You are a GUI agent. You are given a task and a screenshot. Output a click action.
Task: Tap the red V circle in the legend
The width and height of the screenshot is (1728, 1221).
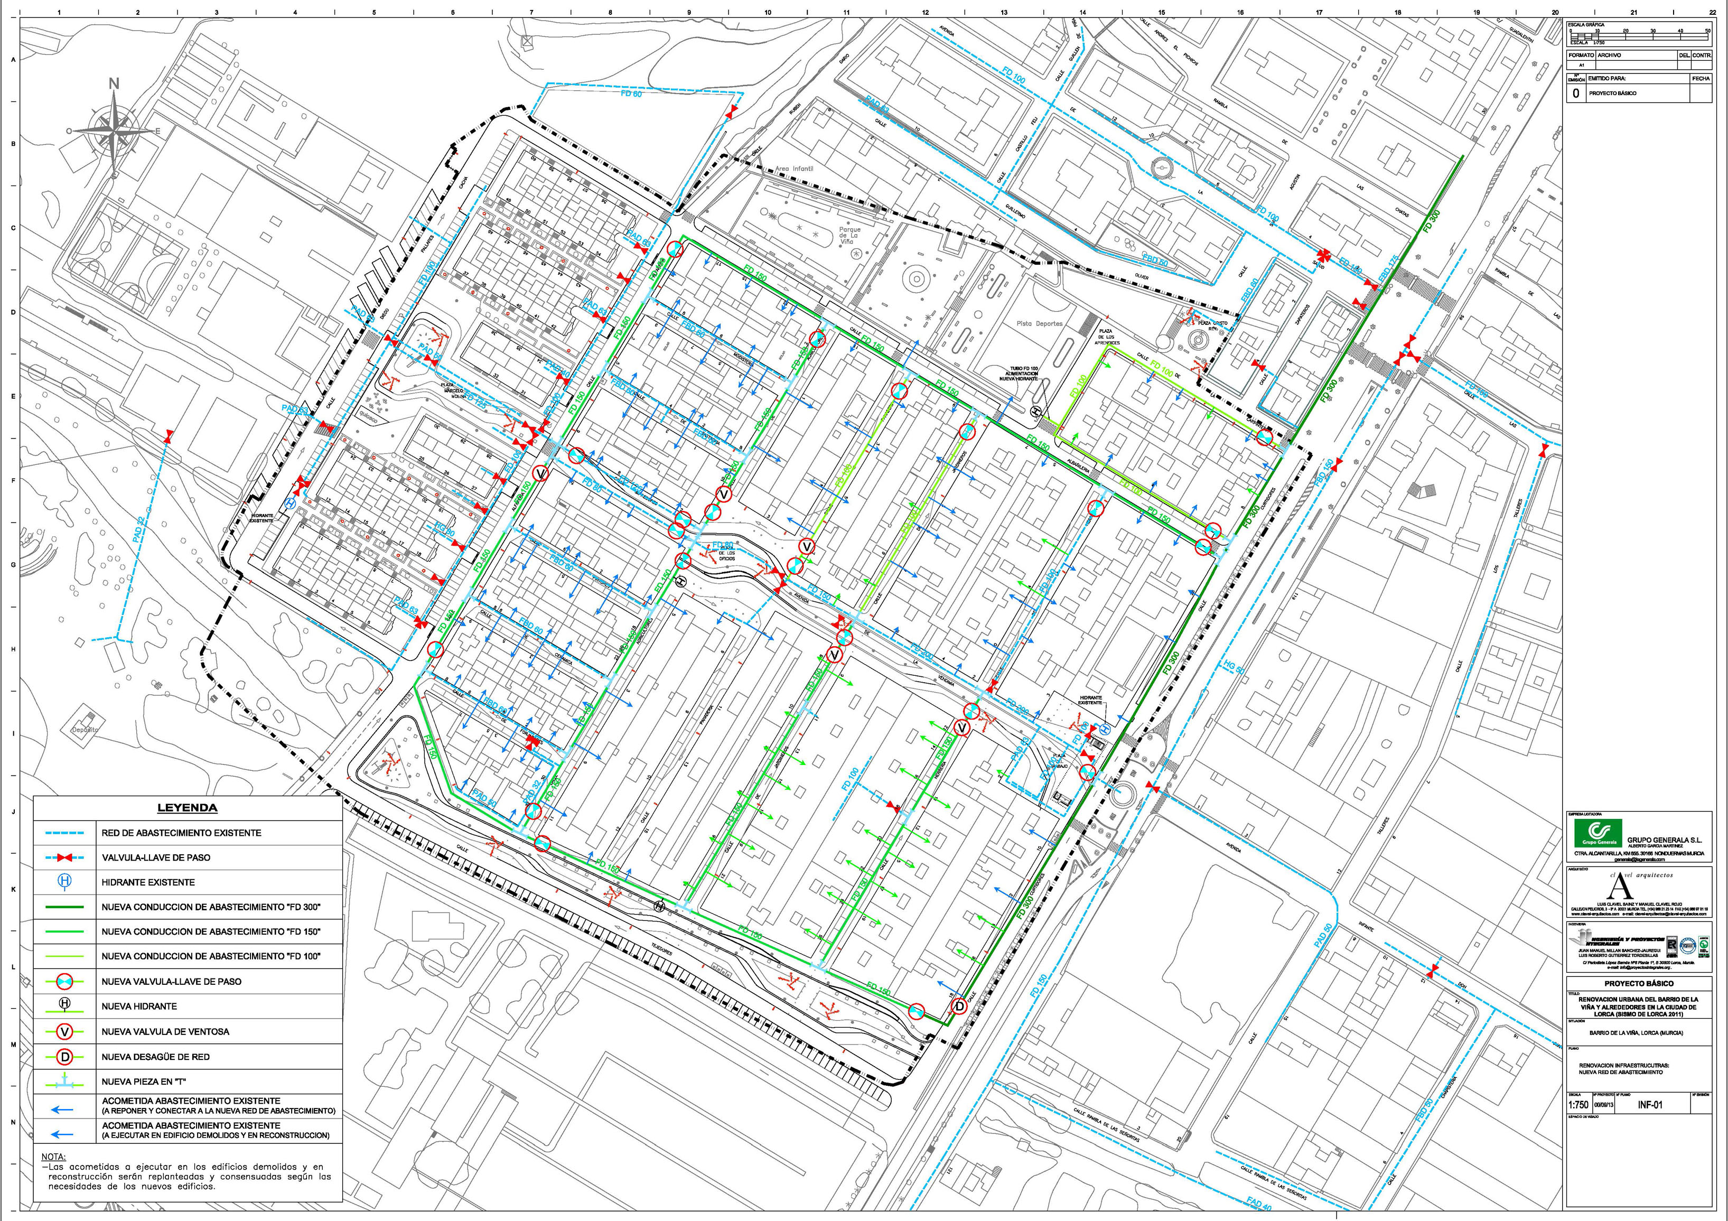pyautogui.click(x=65, y=1031)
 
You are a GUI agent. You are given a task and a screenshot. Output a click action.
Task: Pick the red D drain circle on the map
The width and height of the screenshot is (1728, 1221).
pyautogui.click(x=959, y=1006)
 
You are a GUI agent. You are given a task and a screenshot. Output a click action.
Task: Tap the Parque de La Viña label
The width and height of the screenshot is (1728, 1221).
pyautogui.click(x=849, y=236)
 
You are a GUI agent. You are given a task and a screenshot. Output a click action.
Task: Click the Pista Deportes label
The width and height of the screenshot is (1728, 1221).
pyautogui.click(x=1039, y=324)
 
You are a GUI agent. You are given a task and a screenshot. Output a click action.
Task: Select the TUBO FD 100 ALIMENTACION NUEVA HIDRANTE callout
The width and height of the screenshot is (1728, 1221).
pyautogui.click(x=1024, y=374)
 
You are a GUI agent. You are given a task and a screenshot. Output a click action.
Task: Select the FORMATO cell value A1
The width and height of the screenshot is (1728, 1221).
pyautogui.click(x=1575, y=66)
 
